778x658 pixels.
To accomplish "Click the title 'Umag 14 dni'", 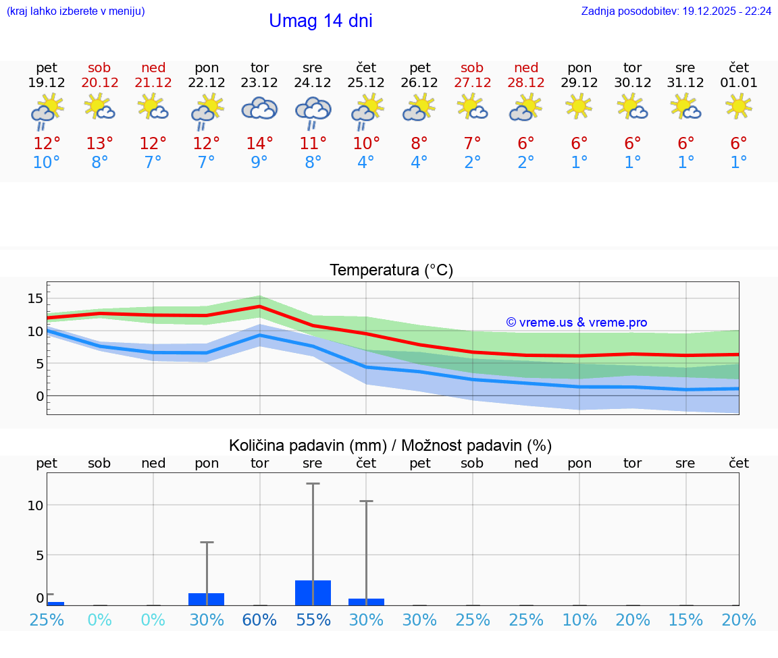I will click(x=320, y=22).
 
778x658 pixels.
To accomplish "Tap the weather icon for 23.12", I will click(x=259, y=109).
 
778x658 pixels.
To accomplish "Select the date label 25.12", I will click(x=366, y=83).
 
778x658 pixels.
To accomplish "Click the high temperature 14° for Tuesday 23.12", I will click(x=259, y=143).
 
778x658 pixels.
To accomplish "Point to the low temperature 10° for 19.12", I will click(x=47, y=163).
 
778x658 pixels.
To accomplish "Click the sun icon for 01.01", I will click(x=738, y=106).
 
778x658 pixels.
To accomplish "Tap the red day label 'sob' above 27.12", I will click(x=472, y=67).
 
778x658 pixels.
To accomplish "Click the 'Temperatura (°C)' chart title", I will click(x=391, y=271).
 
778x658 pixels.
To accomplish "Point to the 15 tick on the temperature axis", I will click(x=35, y=298).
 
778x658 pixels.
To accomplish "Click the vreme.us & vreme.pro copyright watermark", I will click(x=577, y=323).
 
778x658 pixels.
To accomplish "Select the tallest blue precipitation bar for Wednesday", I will click(x=313, y=593).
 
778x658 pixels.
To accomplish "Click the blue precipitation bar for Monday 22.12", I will click(x=206, y=599).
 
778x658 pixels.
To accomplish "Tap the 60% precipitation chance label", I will click(x=259, y=620).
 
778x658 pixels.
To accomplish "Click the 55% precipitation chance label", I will click(x=313, y=620).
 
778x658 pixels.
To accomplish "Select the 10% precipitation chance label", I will click(x=579, y=620).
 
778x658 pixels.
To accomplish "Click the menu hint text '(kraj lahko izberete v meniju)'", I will click(x=76, y=11).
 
